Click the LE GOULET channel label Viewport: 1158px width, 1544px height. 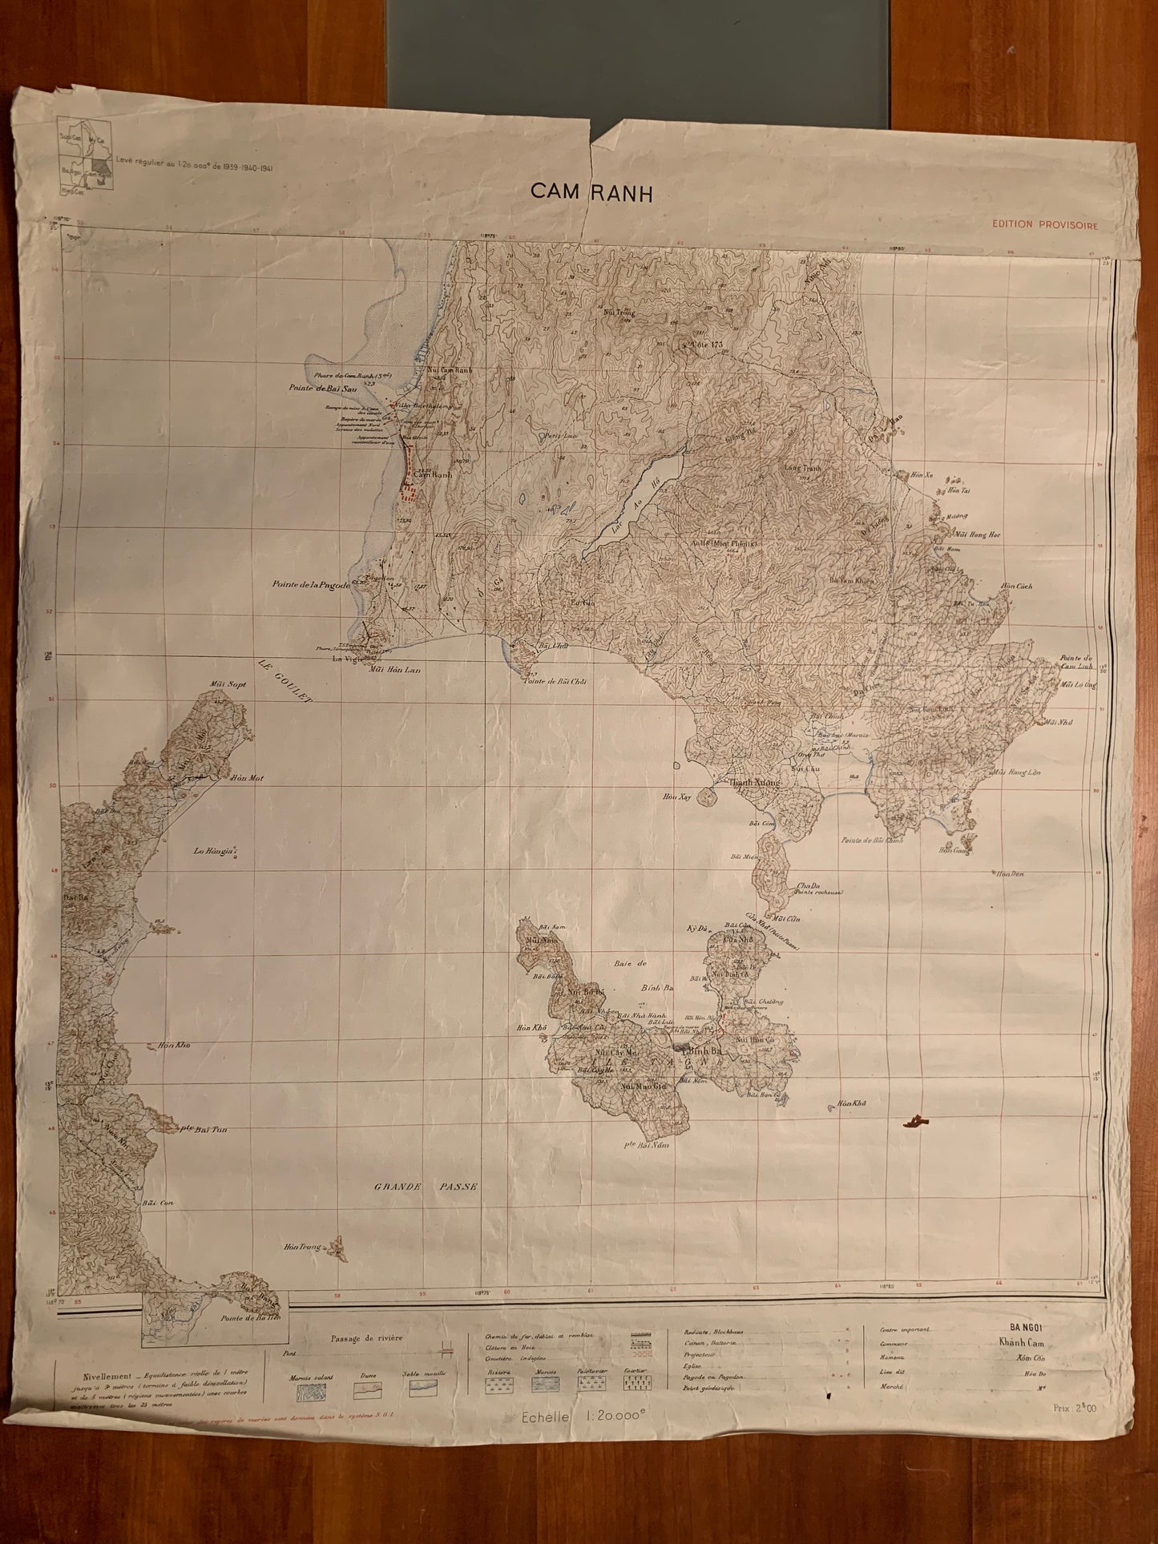(284, 682)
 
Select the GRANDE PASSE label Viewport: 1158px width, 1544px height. (426, 1187)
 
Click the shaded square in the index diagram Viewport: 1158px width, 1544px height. (100, 167)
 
